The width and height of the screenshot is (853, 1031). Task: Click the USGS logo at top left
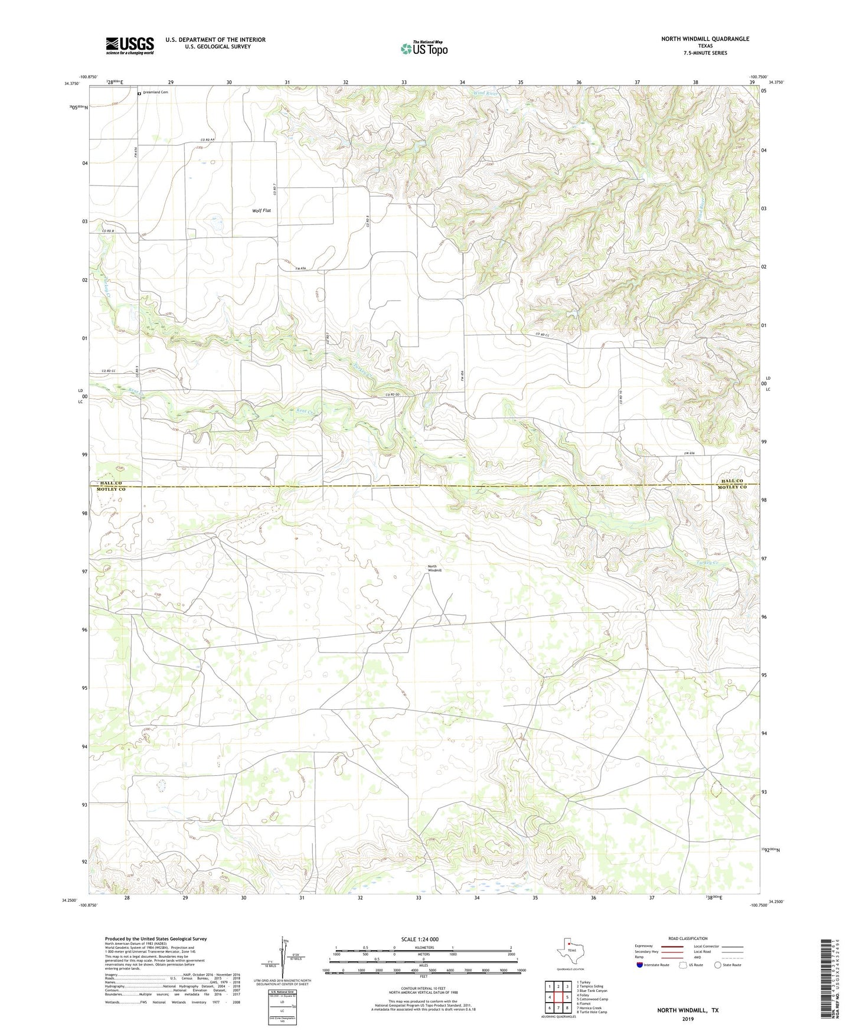(130, 45)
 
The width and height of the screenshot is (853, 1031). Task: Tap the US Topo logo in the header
(424, 48)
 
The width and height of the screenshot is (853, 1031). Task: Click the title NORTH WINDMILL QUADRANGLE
(705, 39)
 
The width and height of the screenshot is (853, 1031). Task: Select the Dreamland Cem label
(155, 92)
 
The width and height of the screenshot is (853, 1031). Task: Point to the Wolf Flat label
(262, 210)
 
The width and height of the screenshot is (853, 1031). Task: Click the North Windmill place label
(434, 569)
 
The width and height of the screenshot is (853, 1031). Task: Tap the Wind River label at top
(485, 93)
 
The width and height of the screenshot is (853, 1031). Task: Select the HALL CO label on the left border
(111, 483)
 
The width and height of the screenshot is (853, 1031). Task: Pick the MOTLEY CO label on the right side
(732, 487)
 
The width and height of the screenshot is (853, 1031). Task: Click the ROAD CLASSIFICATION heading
(688, 938)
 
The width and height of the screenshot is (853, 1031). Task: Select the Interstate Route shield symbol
(640, 965)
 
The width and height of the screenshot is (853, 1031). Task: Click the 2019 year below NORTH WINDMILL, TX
(687, 1019)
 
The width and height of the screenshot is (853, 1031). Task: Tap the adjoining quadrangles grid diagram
(558, 997)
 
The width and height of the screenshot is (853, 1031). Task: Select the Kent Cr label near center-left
(306, 412)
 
